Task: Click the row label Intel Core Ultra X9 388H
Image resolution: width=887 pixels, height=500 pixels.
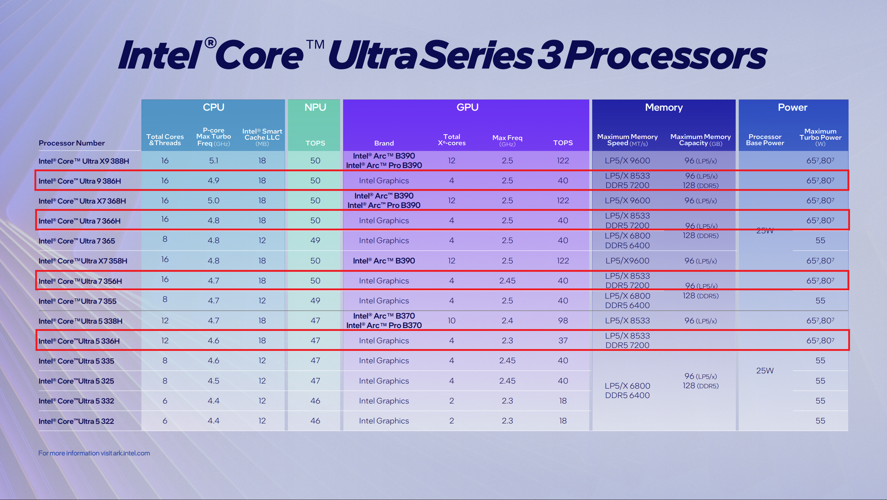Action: (x=84, y=161)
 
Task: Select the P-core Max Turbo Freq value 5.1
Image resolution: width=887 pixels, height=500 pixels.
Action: (x=214, y=161)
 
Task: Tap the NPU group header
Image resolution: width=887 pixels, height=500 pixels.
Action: (x=315, y=107)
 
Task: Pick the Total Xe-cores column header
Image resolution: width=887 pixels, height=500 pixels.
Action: (x=451, y=140)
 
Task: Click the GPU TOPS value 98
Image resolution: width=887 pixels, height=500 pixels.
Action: (x=563, y=321)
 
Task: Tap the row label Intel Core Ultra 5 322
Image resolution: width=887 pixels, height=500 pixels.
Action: (x=76, y=421)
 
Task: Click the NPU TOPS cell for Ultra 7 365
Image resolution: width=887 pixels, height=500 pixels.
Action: (x=315, y=241)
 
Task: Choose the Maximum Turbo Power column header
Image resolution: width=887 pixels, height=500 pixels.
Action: (x=820, y=137)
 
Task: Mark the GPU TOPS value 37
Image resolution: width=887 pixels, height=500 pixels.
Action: (x=563, y=341)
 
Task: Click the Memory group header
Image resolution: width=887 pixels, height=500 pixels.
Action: (x=664, y=107)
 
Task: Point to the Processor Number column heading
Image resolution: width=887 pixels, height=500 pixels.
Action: (x=72, y=143)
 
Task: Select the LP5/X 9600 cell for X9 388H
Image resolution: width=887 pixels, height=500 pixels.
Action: (x=627, y=161)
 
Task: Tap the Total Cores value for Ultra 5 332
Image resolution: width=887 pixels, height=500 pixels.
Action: (x=165, y=401)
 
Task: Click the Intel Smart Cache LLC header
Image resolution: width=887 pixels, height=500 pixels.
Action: (x=262, y=137)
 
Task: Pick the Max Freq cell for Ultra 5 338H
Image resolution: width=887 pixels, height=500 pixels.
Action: (x=507, y=321)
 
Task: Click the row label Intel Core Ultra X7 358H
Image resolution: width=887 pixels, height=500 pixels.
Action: (x=83, y=261)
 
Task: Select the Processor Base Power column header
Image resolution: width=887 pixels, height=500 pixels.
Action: (x=765, y=140)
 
